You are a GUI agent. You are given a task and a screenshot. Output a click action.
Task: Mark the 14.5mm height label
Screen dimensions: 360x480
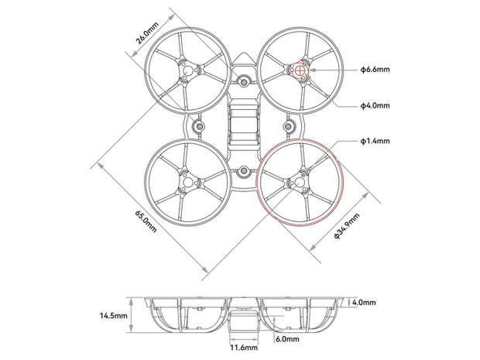coord(113,316)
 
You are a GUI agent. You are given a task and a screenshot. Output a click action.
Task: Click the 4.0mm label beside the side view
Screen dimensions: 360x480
coord(363,302)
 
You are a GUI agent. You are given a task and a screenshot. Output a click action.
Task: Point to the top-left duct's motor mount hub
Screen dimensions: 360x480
coord(187,72)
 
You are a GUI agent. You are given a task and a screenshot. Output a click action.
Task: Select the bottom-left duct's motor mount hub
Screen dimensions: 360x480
coord(188,183)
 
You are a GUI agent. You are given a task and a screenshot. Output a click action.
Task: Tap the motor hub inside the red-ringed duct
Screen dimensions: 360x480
coord(298,183)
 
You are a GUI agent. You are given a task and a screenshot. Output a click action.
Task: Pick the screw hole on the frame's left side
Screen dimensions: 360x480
coord(200,125)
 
